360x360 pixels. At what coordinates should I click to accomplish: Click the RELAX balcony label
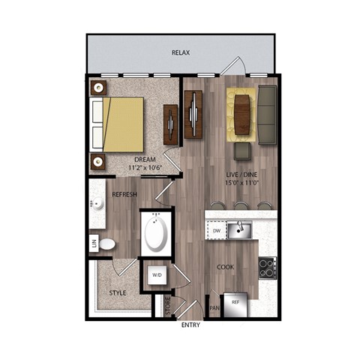coord(179,53)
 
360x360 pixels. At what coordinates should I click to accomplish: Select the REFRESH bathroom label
coord(124,195)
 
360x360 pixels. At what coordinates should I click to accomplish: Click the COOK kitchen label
coord(226,267)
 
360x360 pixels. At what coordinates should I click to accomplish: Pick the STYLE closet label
coord(118,292)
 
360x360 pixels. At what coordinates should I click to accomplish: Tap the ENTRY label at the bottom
coord(192,326)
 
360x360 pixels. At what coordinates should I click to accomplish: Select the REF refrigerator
coord(235,302)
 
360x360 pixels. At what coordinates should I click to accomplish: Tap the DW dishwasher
coord(217,232)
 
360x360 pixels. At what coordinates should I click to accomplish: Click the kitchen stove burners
coord(267,268)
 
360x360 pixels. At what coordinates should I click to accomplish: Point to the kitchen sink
coord(240,229)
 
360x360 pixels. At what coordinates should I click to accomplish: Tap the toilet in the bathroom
coord(107,244)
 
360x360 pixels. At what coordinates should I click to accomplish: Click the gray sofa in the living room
coord(268,115)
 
